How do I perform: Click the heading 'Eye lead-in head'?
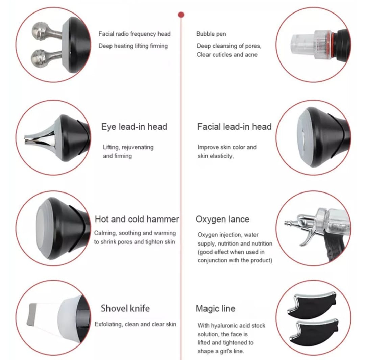coord(134,127)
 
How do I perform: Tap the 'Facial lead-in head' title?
coord(234,127)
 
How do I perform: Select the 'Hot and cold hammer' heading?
coord(137,219)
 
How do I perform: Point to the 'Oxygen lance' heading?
coord(222,219)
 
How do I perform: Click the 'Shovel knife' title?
coord(125,308)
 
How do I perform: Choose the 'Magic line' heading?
coord(216,309)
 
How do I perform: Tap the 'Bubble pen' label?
coord(211,34)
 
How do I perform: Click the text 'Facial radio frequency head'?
coord(135,34)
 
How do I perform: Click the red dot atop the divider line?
coord(181,15)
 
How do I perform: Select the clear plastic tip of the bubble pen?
coord(302,44)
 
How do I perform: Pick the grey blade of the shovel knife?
coord(31,314)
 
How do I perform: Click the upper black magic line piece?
coord(312,305)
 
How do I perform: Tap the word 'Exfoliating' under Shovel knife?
coord(108,324)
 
